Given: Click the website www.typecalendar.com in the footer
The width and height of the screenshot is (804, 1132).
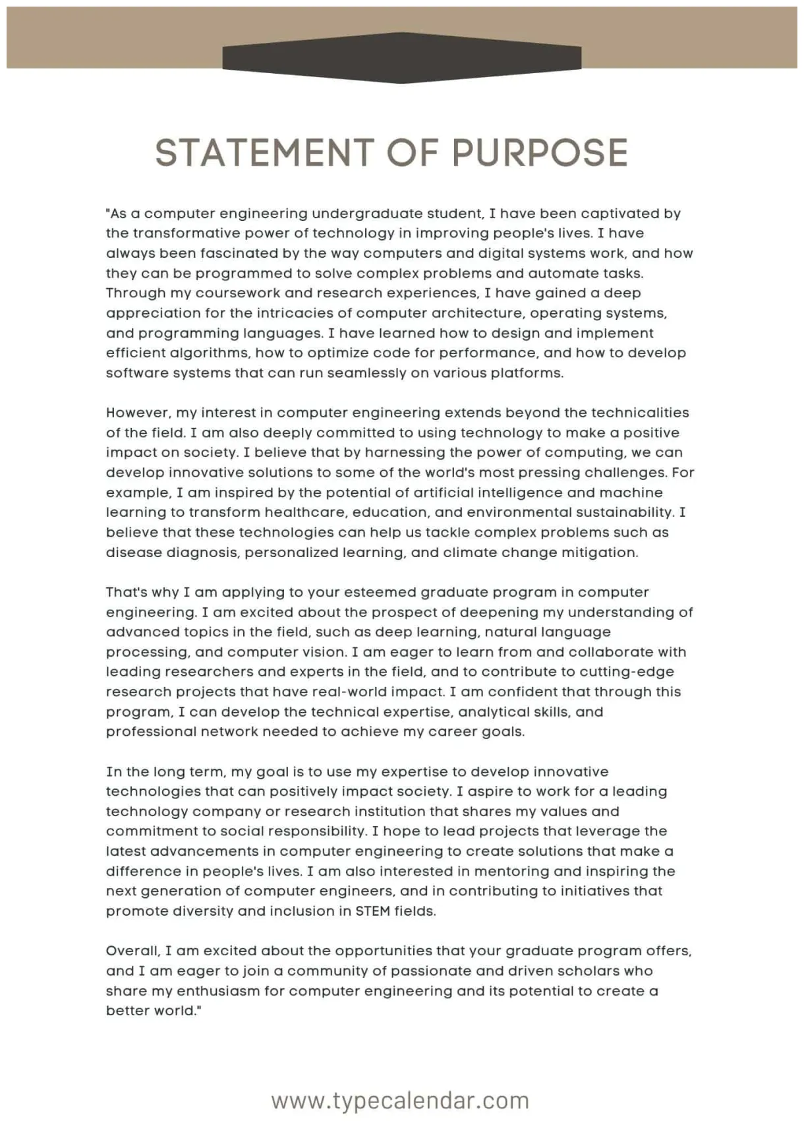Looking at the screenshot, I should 400,1100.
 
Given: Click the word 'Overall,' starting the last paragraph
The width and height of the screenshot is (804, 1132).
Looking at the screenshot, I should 132,951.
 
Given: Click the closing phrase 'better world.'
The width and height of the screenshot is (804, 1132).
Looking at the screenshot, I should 152,1011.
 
